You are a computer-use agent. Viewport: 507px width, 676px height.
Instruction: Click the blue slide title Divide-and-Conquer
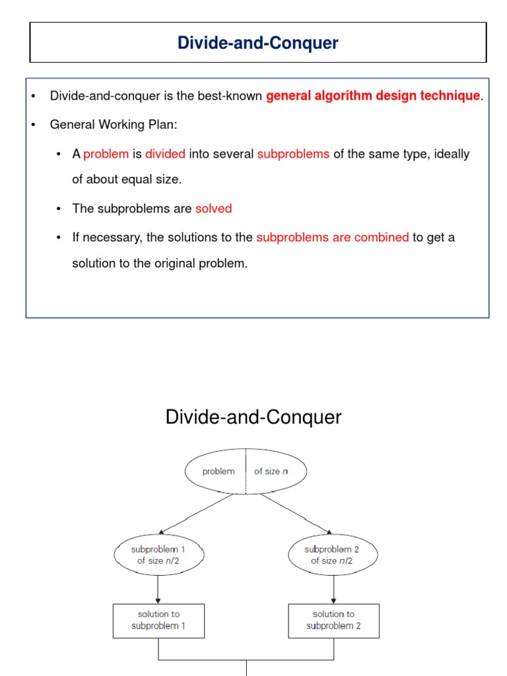257,44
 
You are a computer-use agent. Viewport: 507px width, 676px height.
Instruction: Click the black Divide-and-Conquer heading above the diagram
253,417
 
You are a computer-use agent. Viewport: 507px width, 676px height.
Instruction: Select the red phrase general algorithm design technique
373,96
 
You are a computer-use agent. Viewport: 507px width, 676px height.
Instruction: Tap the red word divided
165,154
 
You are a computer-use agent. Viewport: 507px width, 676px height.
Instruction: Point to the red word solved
213,209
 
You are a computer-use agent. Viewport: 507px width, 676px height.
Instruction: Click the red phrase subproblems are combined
333,237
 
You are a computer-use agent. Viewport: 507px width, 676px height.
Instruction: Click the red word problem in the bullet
106,154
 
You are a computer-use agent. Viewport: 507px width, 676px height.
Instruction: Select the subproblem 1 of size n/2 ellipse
158,555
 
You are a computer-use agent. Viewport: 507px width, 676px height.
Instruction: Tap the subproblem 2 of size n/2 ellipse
333,555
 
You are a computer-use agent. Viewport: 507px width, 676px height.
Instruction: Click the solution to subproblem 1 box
158,621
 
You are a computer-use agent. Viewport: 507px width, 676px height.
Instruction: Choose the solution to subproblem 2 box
333,621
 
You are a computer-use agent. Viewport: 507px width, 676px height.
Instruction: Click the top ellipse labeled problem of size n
246,471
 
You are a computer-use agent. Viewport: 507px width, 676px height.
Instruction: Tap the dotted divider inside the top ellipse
246,471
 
